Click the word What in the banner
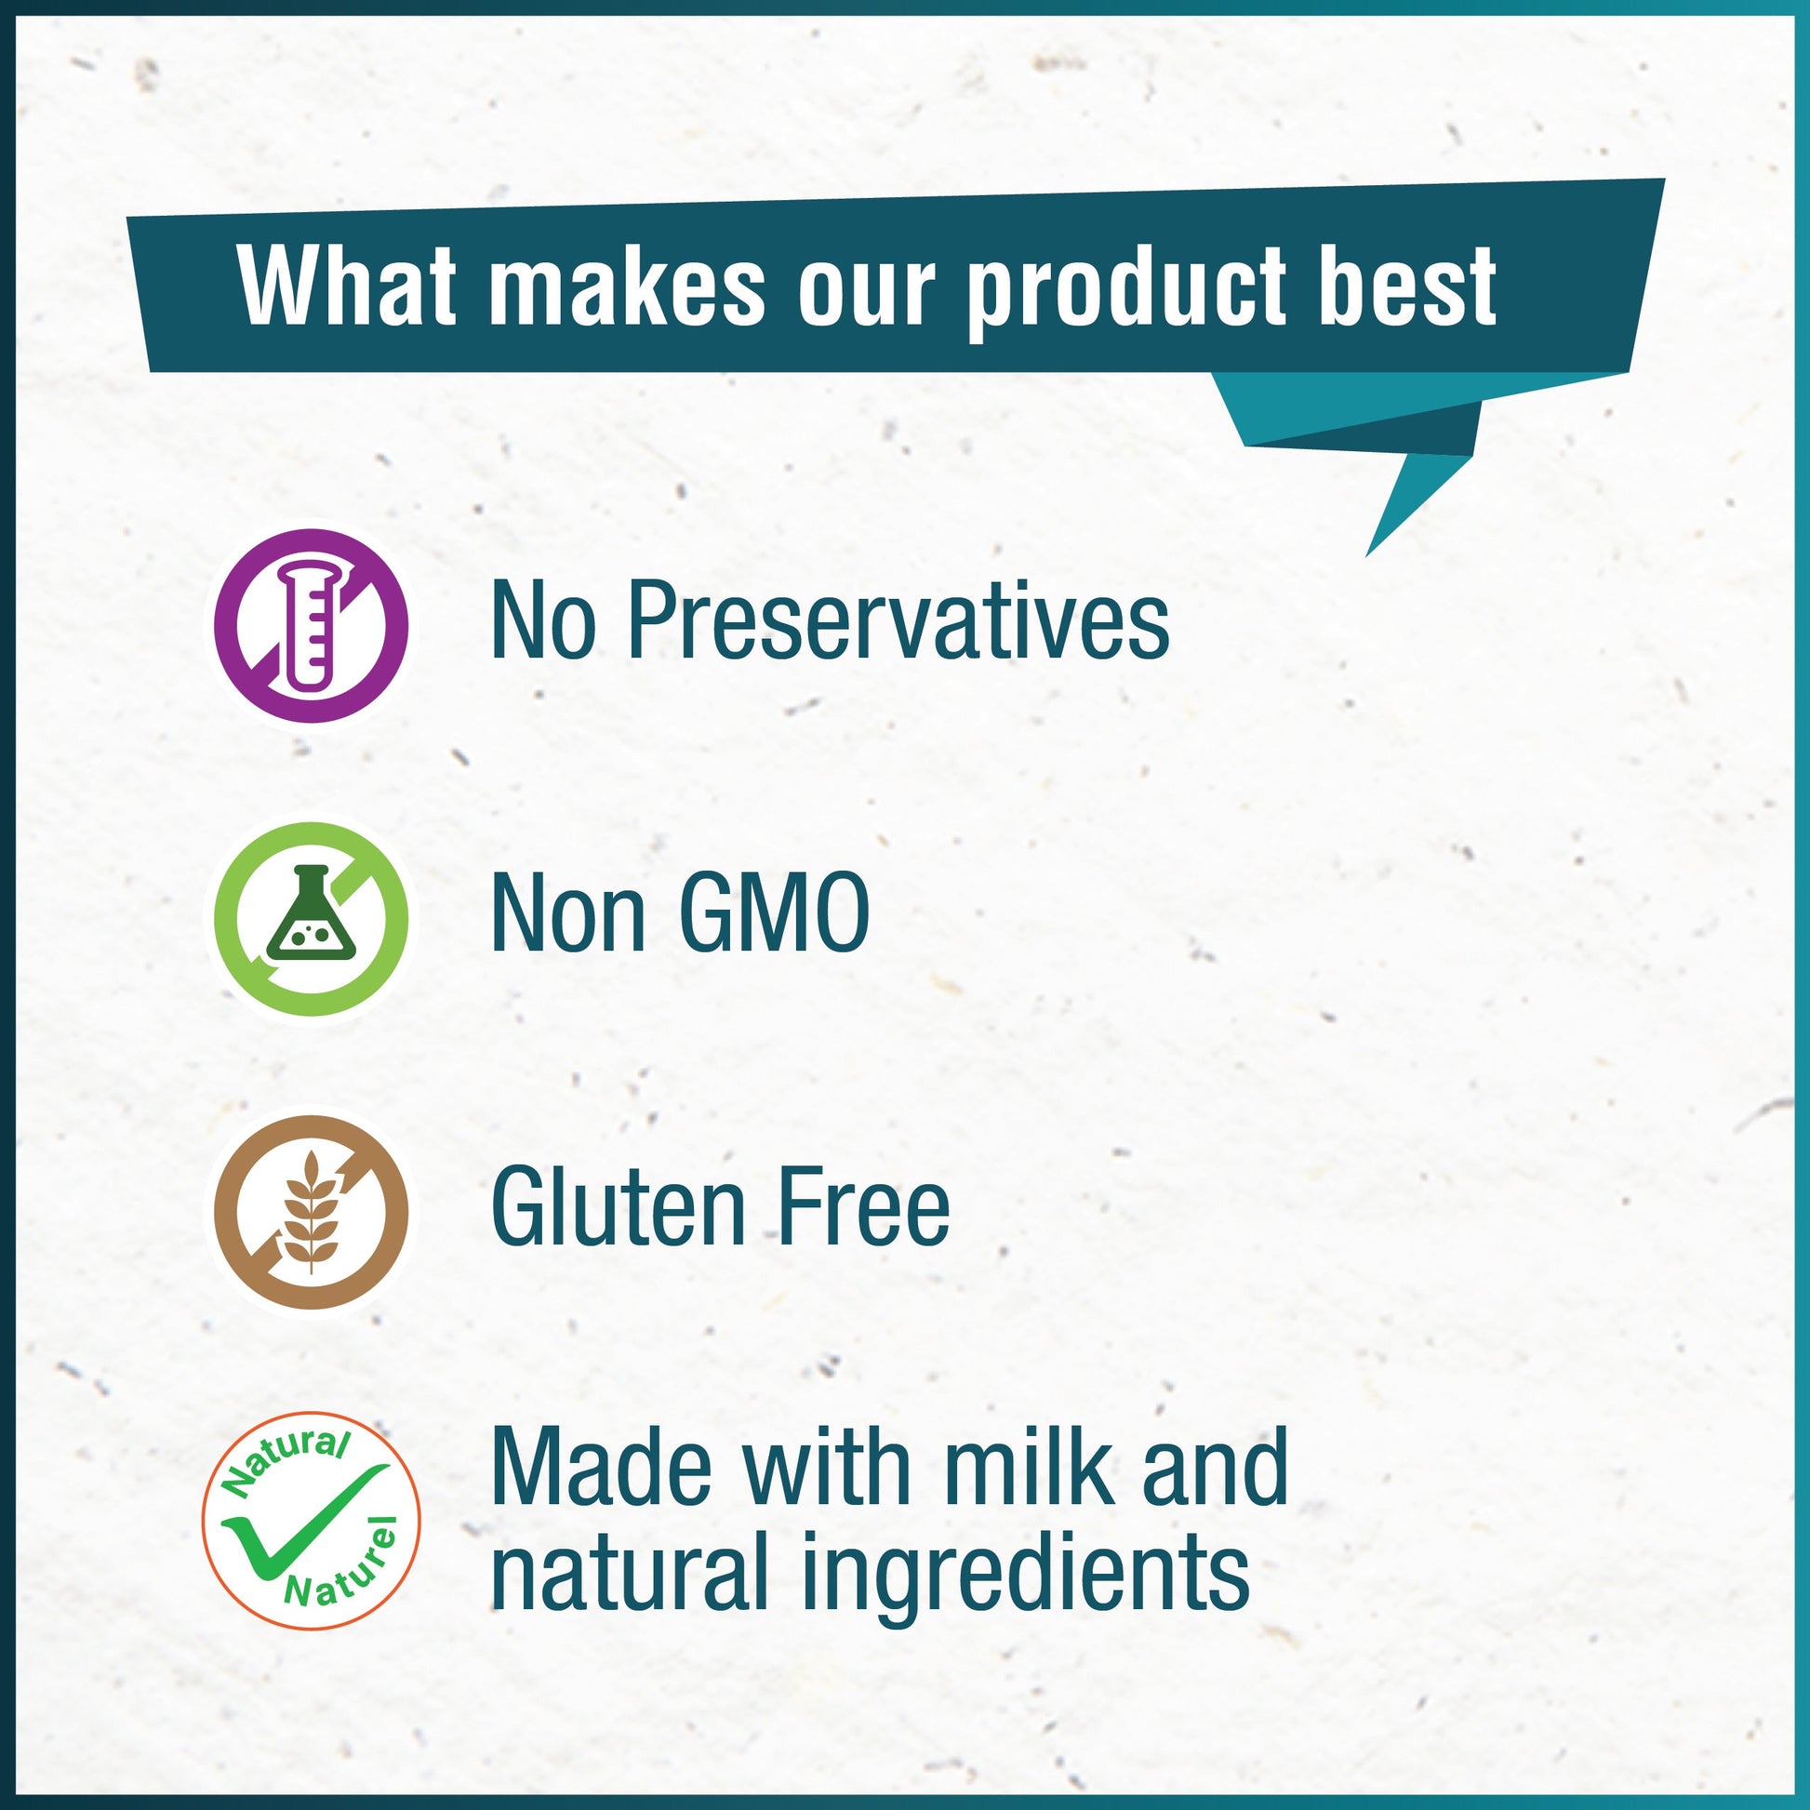346,286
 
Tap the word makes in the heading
626,286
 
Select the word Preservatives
898,621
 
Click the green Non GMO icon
311,919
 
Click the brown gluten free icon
311,1209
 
